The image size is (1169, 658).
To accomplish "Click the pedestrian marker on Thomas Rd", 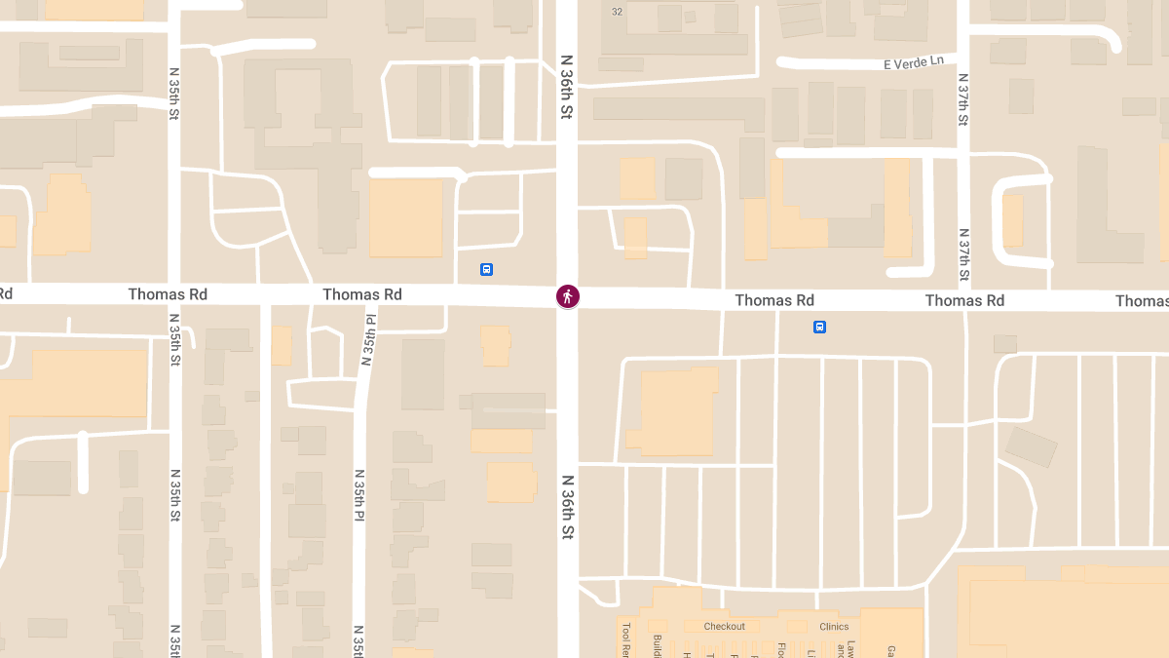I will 568,296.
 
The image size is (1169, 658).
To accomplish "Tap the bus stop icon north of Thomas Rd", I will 486,269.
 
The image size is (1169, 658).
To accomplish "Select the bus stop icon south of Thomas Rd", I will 820,327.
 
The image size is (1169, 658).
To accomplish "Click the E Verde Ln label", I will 914,62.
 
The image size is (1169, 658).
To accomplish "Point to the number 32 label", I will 617,12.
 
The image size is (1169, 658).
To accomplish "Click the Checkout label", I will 724,626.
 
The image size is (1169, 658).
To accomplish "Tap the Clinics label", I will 834,627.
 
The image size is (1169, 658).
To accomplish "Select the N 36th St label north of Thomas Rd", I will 567,87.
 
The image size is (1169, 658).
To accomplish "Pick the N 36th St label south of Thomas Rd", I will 567,507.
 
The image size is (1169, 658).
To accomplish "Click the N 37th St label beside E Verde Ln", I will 962,99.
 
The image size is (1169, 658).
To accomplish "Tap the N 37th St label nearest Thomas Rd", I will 962,254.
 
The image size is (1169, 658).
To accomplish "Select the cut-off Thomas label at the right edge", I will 1142,301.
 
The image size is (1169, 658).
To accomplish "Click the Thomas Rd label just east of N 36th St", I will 774,300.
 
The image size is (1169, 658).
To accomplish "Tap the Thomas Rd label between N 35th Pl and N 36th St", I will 362,294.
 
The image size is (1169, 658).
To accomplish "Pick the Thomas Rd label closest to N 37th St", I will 964,300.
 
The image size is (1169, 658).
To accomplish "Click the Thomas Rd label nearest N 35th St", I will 168,294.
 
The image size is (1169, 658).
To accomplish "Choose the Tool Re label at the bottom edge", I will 626,639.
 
